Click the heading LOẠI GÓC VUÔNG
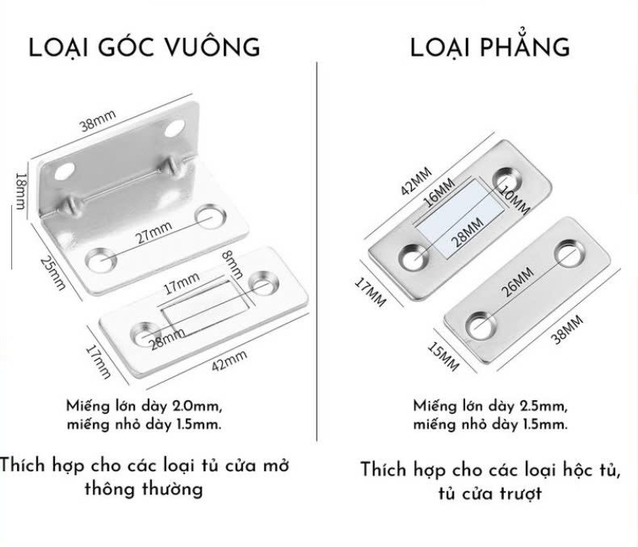145,47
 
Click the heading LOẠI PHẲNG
489,47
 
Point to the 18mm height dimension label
21,190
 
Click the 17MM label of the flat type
372,291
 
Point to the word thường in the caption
173,490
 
